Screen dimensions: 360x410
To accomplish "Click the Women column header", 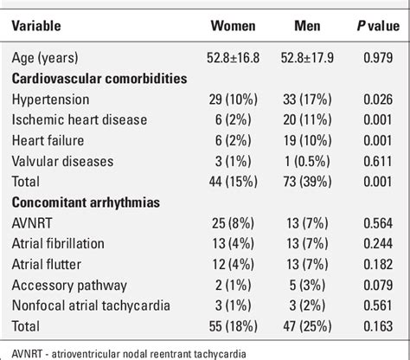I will pos(233,25).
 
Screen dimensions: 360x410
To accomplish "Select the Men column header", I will pos(305,25).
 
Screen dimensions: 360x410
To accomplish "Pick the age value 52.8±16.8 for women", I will pos(233,59).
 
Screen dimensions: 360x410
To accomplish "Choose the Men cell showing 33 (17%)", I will pos(305,100).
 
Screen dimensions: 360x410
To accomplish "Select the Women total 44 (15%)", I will pos(233,180).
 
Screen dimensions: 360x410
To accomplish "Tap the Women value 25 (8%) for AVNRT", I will pos(233,222).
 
